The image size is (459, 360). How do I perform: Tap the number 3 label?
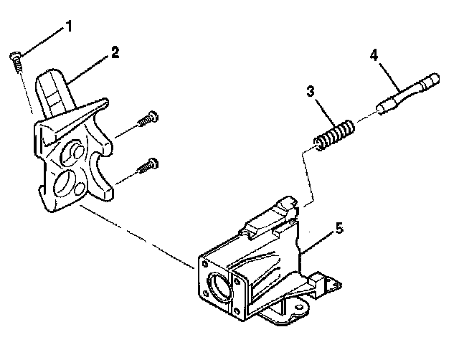pyautogui.click(x=311, y=92)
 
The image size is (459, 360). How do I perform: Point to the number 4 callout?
pyautogui.click(x=373, y=55)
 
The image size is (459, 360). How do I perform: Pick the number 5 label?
pyautogui.click(x=339, y=229)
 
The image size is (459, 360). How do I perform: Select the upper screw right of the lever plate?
pyautogui.click(x=149, y=118)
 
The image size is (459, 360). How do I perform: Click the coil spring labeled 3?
pyautogui.click(x=334, y=135)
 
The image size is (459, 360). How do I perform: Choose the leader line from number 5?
pyautogui.click(x=317, y=240)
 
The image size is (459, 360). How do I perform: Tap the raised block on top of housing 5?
pyautogui.click(x=270, y=217)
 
